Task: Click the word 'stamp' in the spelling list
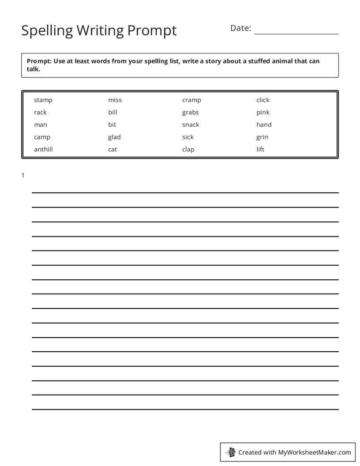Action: (x=43, y=100)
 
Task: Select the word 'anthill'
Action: (x=43, y=150)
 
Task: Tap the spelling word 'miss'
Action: (x=115, y=100)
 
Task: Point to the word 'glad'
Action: (x=114, y=137)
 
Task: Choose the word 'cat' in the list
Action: (x=112, y=150)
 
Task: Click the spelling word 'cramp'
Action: (x=191, y=100)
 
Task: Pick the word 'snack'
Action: (x=191, y=125)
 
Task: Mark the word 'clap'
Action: (x=188, y=150)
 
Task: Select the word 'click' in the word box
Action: (x=262, y=100)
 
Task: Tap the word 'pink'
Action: (x=262, y=113)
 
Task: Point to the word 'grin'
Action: (x=262, y=137)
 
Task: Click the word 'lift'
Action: (x=260, y=150)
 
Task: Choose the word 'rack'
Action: (x=40, y=113)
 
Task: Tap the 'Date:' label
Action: (x=240, y=28)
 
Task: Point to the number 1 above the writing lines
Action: (x=23, y=176)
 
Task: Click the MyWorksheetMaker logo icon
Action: (x=230, y=452)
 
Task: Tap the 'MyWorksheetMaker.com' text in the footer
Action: (x=315, y=452)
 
